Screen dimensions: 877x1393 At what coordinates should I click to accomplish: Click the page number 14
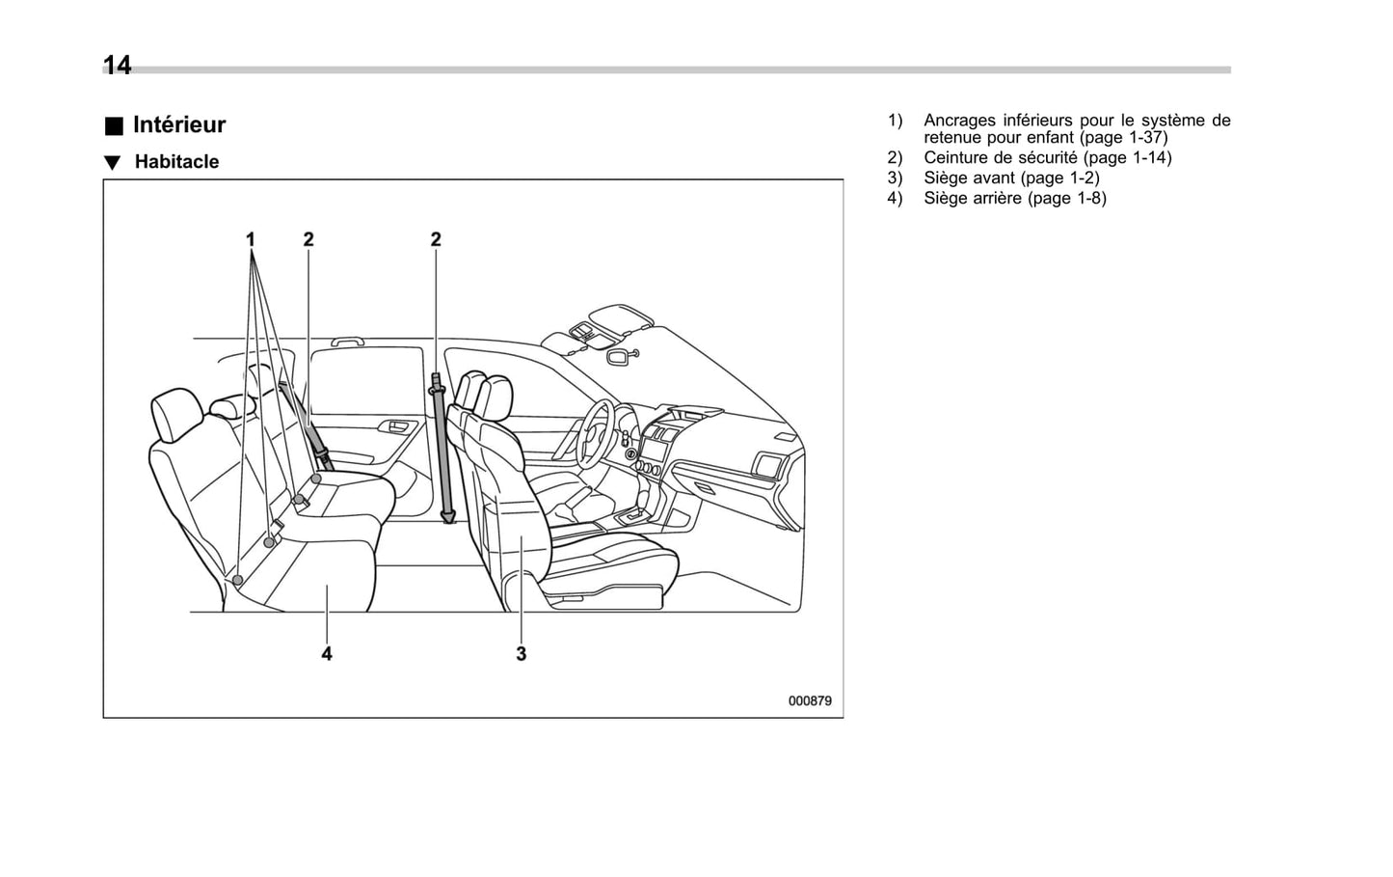click(x=117, y=65)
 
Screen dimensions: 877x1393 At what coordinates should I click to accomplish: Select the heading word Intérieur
click(x=179, y=124)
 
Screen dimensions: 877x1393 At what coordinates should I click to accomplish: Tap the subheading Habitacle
click(x=176, y=162)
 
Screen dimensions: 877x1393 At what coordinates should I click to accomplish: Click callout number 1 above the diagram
click(x=251, y=238)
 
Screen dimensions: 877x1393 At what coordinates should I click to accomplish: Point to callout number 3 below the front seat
click(x=521, y=653)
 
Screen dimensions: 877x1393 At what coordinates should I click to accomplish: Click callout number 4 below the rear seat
click(x=327, y=653)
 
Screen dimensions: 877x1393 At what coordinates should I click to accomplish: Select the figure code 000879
click(x=809, y=700)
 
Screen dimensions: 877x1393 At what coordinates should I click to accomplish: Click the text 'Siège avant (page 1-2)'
click(x=1010, y=178)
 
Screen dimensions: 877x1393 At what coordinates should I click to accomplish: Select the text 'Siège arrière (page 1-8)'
click(x=1014, y=198)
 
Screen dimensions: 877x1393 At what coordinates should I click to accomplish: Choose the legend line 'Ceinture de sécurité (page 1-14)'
click(x=1047, y=157)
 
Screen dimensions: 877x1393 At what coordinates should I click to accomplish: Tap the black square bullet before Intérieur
click(x=115, y=126)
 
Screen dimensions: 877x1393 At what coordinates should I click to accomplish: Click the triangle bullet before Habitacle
click(x=113, y=163)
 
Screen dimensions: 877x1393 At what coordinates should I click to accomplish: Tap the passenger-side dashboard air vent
click(x=769, y=466)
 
